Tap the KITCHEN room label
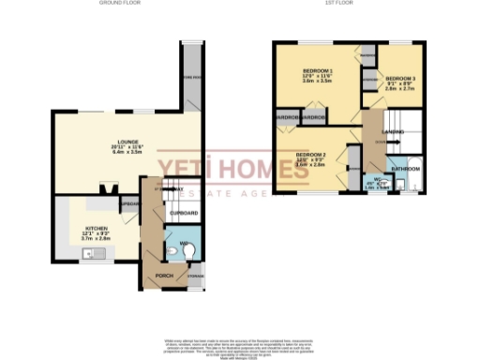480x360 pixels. (x=96, y=228)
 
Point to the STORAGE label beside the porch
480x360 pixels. (x=194, y=277)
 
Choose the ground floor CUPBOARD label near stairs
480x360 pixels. (x=184, y=214)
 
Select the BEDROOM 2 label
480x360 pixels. (x=310, y=154)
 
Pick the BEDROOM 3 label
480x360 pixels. (x=400, y=78)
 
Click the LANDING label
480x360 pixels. (x=393, y=132)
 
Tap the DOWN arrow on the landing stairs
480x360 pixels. (x=380, y=141)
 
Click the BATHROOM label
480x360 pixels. (x=405, y=168)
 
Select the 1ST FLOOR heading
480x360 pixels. (x=337, y=4)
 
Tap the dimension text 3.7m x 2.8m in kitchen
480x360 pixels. (x=96, y=239)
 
